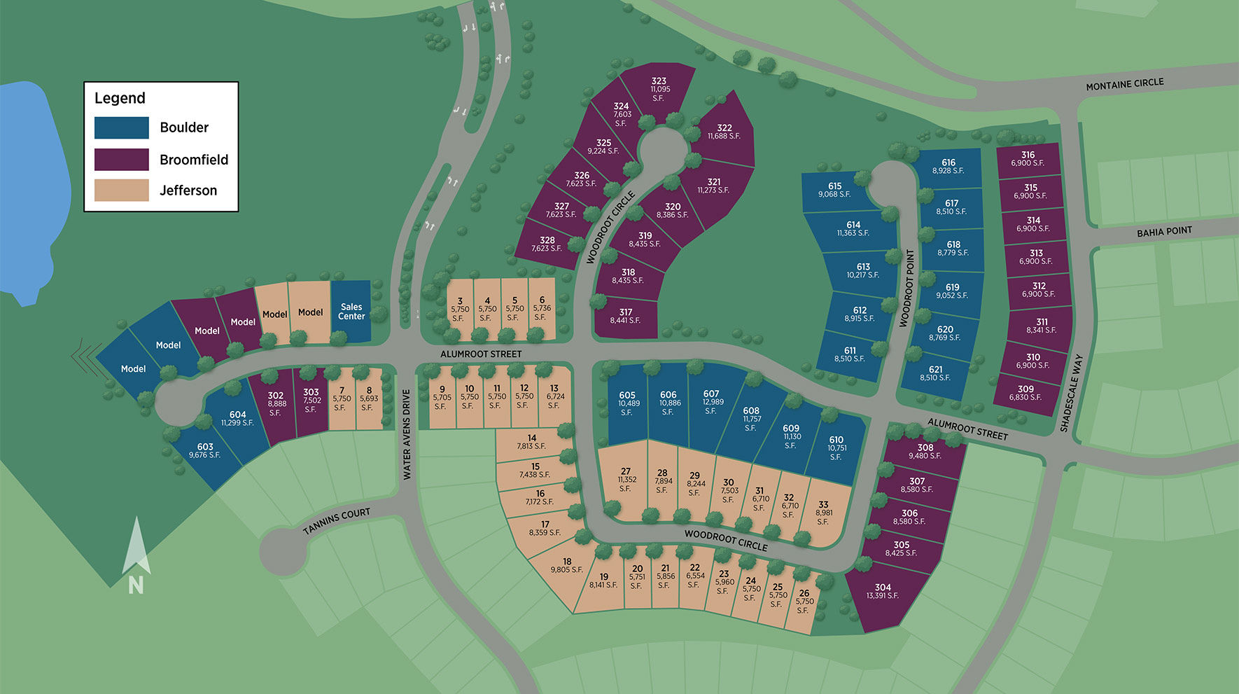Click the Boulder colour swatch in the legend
tap(122, 127)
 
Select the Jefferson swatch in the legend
tap(122, 190)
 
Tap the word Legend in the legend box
tap(120, 98)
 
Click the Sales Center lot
tap(351, 312)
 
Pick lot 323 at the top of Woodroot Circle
tap(658, 89)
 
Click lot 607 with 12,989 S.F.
tap(711, 403)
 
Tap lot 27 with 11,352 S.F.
tap(626, 480)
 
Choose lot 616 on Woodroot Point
tap(948, 167)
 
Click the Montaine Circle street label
tap(1124, 84)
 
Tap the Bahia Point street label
tap(1164, 232)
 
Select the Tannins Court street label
tap(337, 521)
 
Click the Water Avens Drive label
tap(407, 435)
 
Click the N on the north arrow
tap(136, 585)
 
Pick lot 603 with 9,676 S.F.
tap(204, 450)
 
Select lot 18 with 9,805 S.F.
tap(566, 566)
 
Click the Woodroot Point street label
tap(909, 288)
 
